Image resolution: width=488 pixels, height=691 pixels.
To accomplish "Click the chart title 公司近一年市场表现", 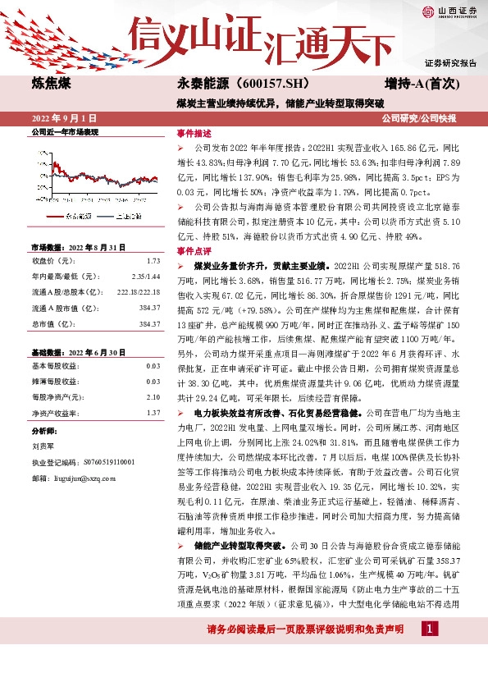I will coord(64,131).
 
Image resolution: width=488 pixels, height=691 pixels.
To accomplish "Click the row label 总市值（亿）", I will coord(52,324).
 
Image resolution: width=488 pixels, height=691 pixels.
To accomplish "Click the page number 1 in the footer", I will coord(430,652).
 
